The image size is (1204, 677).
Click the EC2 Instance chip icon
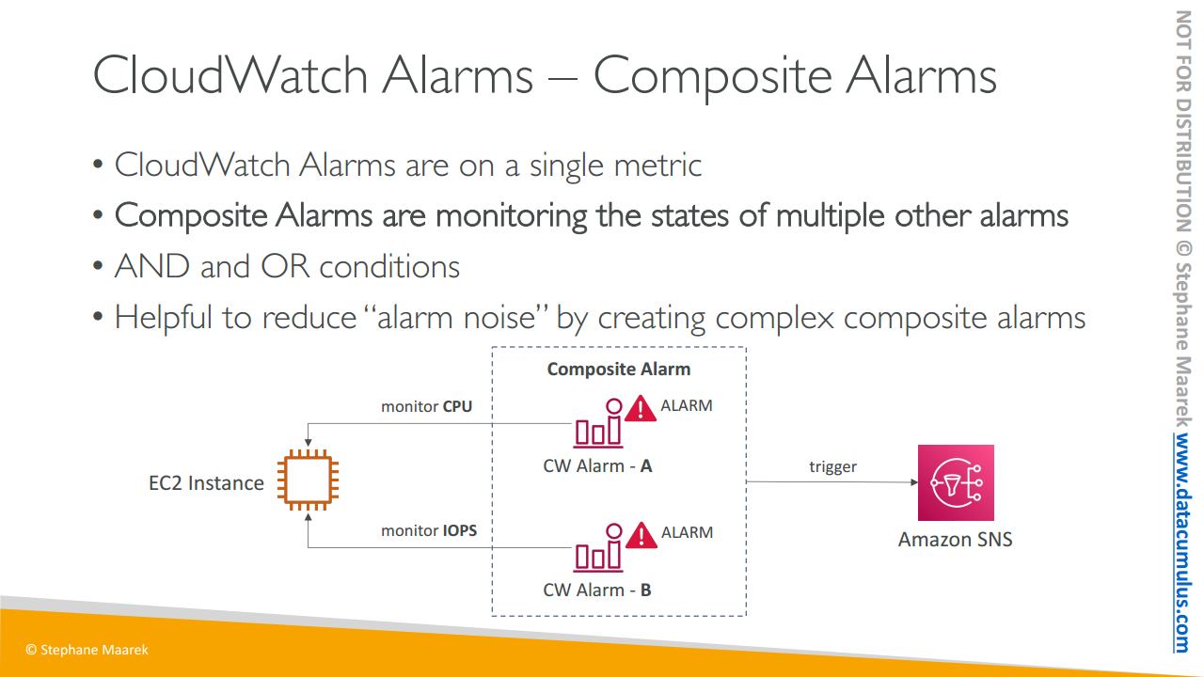pyautogui.click(x=308, y=480)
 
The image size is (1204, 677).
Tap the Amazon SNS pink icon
pyautogui.click(x=956, y=482)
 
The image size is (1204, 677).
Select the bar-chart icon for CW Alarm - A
pyautogui.click(x=598, y=423)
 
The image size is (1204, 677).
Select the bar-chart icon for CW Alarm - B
pyautogui.click(x=598, y=547)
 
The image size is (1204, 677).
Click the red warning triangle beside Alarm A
pyautogui.click(x=641, y=409)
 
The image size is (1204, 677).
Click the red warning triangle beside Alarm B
pyautogui.click(x=641, y=536)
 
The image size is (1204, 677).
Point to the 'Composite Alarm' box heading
pyautogui.click(x=619, y=370)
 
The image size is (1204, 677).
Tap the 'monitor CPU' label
pyautogui.click(x=426, y=406)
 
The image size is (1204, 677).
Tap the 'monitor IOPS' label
pyautogui.click(x=428, y=530)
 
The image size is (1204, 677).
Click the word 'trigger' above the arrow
pyautogui.click(x=832, y=466)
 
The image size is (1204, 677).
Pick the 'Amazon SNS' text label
pyautogui.click(x=955, y=539)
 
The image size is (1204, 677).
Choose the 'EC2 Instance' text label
pyautogui.click(x=206, y=483)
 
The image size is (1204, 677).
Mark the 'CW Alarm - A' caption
pyautogui.click(x=597, y=465)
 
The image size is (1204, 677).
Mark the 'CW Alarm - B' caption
pyautogui.click(x=596, y=590)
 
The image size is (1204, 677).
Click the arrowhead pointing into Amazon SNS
pyautogui.click(x=913, y=482)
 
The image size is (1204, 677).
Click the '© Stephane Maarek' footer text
pyautogui.click(x=87, y=650)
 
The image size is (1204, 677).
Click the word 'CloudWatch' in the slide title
pyautogui.click(x=230, y=75)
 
